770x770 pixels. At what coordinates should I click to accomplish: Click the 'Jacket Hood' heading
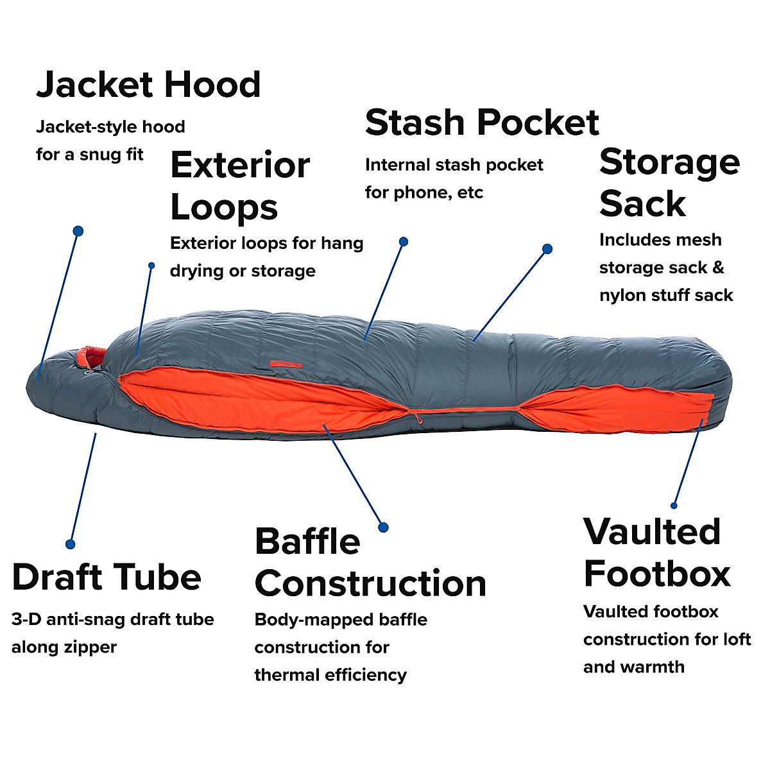click(148, 85)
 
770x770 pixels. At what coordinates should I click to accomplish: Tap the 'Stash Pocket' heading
click(482, 123)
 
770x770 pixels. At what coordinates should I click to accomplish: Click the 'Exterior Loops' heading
click(240, 185)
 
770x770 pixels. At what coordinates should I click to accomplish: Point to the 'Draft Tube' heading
click(107, 576)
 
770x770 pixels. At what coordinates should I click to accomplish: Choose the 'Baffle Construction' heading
click(370, 562)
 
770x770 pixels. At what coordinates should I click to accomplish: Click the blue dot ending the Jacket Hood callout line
click(78, 230)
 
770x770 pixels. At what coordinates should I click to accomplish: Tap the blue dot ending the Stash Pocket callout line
click(404, 242)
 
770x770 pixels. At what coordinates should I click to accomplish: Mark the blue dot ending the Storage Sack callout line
click(547, 249)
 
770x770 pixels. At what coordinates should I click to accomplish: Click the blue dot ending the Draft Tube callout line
click(71, 543)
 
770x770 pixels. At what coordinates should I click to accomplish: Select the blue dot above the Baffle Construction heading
click(383, 527)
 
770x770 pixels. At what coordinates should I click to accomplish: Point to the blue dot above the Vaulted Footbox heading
click(674, 506)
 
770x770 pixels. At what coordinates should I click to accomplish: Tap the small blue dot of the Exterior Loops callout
click(151, 265)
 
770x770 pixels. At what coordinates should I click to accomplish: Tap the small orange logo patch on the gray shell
click(286, 364)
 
